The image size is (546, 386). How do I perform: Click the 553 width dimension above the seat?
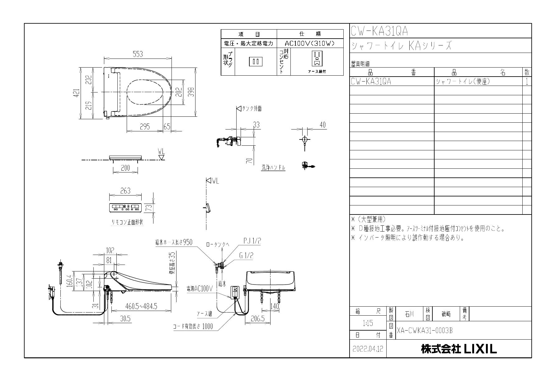pyautogui.click(x=138, y=54)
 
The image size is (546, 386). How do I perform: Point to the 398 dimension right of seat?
pyautogui.click(x=192, y=92)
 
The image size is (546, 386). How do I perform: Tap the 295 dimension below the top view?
pyautogui.click(x=144, y=127)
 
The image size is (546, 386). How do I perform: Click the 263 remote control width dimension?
pyautogui.click(x=125, y=191)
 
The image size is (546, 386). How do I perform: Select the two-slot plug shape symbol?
pyautogui.click(x=256, y=61)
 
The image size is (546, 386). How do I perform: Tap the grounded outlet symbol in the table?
pyautogui.click(x=317, y=59)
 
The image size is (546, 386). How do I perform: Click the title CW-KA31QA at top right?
pyautogui.click(x=379, y=31)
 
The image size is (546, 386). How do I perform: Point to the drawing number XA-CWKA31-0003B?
pyautogui.click(x=425, y=331)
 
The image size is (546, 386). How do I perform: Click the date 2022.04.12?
pyautogui.click(x=368, y=349)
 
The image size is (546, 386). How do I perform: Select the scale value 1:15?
pyautogui.click(x=368, y=323)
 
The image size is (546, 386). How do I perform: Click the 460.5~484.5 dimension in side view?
pyautogui.click(x=141, y=306)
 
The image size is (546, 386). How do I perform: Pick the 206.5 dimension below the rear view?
pyautogui.click(x=257, y=319)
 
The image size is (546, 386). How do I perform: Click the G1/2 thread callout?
pyautogui.click(x=246, y=256)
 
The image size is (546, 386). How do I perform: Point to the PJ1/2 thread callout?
pyautogui.click(x=252, y=241)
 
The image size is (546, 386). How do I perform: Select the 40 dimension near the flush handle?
pyautogui.click(x=322, y=125)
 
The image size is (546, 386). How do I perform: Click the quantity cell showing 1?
pyautogui.click(x=527, y=82)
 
